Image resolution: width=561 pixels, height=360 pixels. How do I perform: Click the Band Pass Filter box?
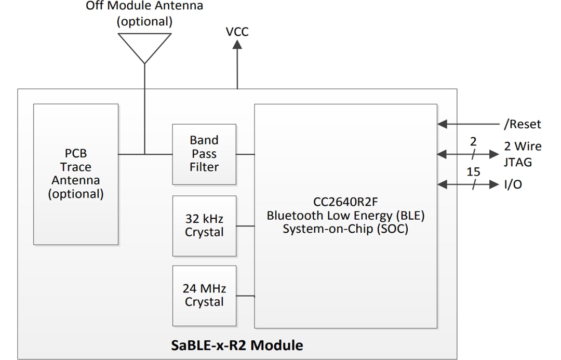pos(204,154)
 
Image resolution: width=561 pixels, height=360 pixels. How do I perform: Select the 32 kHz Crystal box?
pos(204,225)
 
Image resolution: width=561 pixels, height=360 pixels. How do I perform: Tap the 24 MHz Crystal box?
pos(204,295)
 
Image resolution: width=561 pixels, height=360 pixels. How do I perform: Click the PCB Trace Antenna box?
pos(76,174)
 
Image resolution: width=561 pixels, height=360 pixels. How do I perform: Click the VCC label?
pos(237,32)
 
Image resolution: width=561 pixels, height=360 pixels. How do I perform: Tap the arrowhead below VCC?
pos(237,45)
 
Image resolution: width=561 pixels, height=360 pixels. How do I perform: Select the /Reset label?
pos(522,124)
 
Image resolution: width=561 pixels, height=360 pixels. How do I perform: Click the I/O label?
pos(513,184)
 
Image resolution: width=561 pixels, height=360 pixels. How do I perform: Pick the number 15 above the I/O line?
pos(473,171)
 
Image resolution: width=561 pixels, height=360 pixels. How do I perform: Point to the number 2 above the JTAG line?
pos(473,141)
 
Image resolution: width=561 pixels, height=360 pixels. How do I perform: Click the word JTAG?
pos(517,162)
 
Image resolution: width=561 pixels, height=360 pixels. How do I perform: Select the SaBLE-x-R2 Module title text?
pos(237,345)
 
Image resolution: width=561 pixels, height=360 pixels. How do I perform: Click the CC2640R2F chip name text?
pos(345,202)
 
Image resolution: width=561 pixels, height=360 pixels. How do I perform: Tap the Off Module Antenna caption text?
pos(144,7)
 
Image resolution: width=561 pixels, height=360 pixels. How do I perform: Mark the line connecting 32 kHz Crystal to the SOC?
pos(245,226)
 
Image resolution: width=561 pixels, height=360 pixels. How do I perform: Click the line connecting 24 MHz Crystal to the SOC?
pos(245,296)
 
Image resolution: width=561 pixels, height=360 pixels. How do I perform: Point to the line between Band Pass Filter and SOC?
pos(245,154)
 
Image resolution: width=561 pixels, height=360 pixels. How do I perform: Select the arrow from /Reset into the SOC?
pos(468,124)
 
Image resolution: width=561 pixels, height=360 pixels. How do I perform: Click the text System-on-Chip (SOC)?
pos(345,229)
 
